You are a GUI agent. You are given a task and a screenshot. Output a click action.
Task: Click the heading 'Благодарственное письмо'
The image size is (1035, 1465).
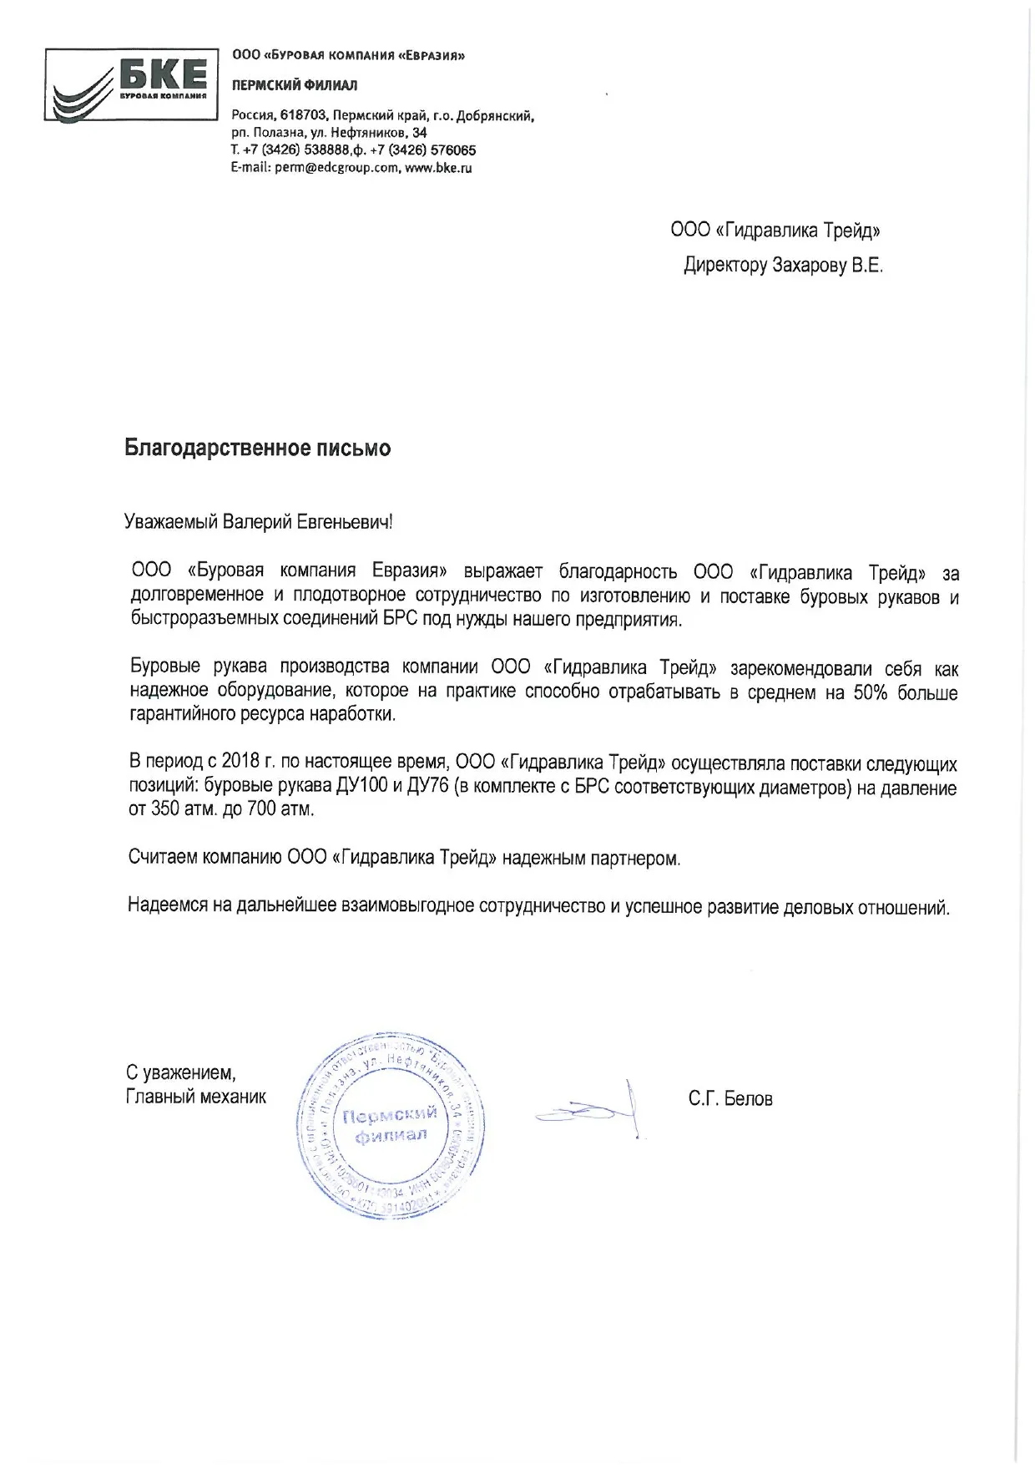point(257,449)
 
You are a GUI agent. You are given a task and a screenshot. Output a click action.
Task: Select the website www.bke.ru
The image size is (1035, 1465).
point(439,168)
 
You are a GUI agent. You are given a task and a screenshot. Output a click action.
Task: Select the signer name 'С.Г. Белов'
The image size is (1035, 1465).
point(730,1099)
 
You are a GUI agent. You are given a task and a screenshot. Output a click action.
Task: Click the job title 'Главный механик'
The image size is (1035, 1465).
point(196,1097)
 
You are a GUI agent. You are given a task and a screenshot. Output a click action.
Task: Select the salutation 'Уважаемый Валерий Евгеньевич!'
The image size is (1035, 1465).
point(258,523)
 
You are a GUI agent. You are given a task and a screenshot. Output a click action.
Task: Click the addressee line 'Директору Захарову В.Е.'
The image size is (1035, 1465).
point(782,266)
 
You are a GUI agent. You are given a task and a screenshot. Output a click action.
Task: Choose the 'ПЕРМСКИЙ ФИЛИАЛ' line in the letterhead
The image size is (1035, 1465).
point(295,85)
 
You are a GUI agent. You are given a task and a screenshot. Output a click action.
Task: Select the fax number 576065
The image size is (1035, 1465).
point(452,151)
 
